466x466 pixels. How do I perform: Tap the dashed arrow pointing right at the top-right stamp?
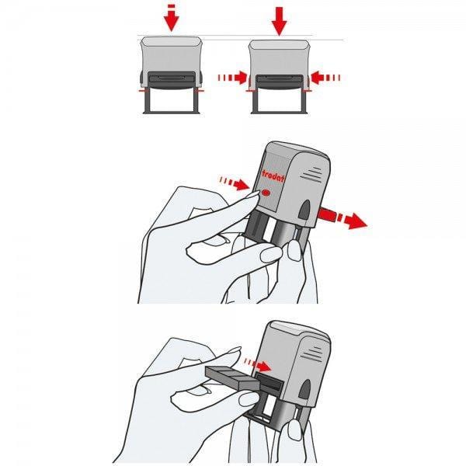(232, 77)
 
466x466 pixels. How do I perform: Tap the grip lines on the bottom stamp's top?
(311, 343)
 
